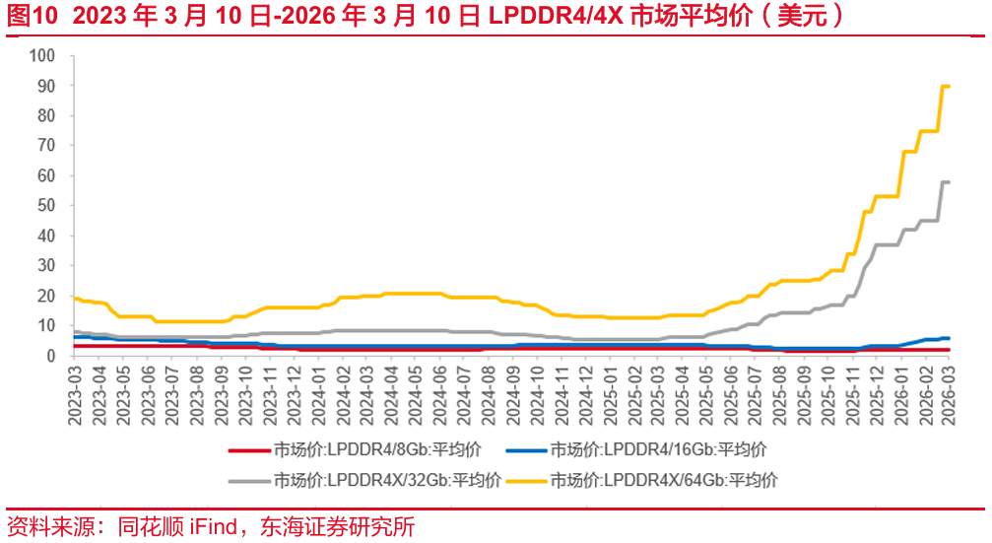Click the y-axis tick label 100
click(x=43, y=56)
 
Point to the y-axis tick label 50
click(x=47, y=206)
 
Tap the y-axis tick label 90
click(x=47, y=86)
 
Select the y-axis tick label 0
click(x=51, y=356)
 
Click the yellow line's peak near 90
click(x=946, y=87)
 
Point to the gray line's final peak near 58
click(x=946, y=182)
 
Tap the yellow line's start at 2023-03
click(x=74, y=298)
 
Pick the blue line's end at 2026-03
click(x=948, y=338)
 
